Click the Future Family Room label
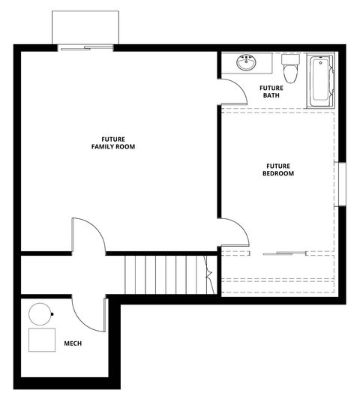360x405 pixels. [112, 142]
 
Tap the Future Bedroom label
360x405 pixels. [277, 169]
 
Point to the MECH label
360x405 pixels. [73, 343]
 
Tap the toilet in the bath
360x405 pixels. [290, 70]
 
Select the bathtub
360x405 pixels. [319, 79]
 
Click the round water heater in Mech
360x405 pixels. [40, 314]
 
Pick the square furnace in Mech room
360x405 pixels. [41, 340]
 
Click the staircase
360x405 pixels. [164, 275]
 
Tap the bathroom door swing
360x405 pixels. [235, 90]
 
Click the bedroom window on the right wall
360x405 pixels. [341, 183]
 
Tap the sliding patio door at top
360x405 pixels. [86, 48]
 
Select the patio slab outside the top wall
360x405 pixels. [86, 28]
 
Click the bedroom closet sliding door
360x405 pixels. [287, 253]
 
